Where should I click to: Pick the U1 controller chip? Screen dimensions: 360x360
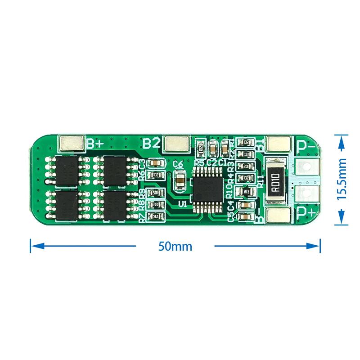pos(207,186)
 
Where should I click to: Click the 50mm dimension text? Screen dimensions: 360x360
pos(175,246)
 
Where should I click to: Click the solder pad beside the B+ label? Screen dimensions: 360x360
pos(72,144)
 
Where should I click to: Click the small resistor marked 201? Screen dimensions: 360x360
pos(246,166)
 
